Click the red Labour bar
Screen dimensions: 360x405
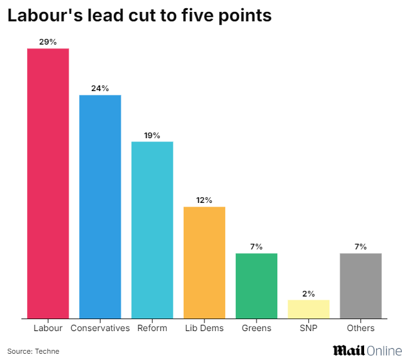point(48,183)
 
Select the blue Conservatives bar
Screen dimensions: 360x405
point(100,206)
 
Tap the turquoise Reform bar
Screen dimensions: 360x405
point(152,229)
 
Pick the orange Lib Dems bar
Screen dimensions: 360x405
point(204,262)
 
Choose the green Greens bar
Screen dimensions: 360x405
point(257,285)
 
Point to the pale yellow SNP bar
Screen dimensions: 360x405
point(309,308)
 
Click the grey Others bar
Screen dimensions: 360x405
point(360,285)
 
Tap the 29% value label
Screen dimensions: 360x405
point(48,41)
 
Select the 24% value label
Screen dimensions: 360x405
point(100,88)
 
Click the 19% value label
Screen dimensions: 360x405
point(152,135)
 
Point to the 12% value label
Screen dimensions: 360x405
point(204,200)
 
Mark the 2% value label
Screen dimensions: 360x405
point(309,293)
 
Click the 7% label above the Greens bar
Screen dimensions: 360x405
point(257,246)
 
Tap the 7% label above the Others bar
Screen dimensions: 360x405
point(360,246)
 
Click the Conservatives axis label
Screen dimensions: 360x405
point(100,328)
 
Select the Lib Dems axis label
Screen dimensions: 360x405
point(204,328)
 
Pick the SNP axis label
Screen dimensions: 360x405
point(309,328)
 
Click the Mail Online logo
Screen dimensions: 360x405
point(367,349)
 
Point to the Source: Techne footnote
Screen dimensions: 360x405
point(33,351)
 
